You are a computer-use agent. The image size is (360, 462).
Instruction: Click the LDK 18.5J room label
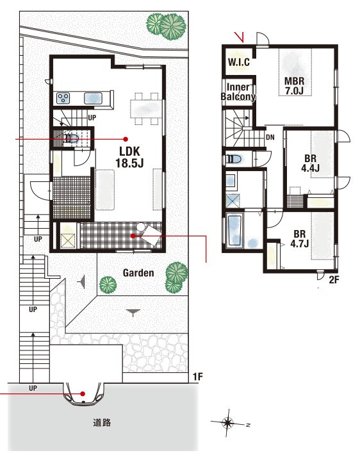(x=129, y=157)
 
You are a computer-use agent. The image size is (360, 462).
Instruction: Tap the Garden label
(x=138, y=273)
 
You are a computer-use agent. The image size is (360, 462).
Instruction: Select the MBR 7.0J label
(x=294, y=85)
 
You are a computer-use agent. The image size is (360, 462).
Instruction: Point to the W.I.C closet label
(x=239, y=62)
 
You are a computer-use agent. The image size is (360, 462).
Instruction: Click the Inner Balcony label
(x=238, y=92)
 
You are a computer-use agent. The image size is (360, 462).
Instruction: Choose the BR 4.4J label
(x=310, y=163)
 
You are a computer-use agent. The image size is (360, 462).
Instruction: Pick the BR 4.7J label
(x=299, y=239)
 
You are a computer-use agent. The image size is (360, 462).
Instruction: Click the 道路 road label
(x=102, y=423)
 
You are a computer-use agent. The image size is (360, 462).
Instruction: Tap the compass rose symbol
(x=228, y=423)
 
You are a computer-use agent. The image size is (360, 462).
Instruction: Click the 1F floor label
(x=198, y=377)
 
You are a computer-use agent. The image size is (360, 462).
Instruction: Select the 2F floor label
(x=334, y=279)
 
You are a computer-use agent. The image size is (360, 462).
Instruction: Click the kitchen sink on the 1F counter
(x=93, y=98)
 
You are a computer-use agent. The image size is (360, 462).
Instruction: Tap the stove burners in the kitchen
(x=63, y=98)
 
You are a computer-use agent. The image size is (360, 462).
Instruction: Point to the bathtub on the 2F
(x=235, y=231)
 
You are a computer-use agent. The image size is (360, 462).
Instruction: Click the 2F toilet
(x=234, y=160)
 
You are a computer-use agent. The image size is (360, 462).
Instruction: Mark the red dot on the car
(x=83, y=393)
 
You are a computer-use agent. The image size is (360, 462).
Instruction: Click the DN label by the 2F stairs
(x=270, y=137)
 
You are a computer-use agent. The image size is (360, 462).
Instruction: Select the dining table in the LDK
(x=146, y=109)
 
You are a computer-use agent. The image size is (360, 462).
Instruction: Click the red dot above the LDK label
(x=126, y=139)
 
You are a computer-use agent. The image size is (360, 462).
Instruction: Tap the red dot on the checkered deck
(x=133, y=236)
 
